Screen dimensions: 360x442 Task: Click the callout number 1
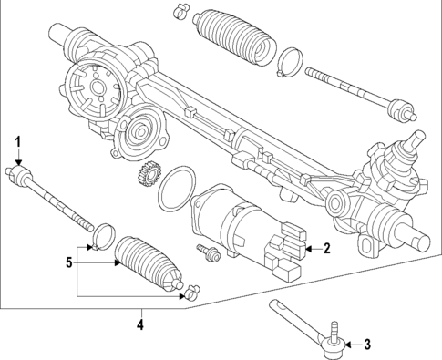tap(15, 141)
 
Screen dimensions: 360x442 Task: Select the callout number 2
tap(326, 247)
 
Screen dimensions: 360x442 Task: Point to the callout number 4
tap(139, 323)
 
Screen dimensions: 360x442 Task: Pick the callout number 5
tap(66, 263)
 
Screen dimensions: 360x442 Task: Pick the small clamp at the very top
tap(180, 12)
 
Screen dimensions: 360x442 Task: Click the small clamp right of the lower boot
tap(192, 293)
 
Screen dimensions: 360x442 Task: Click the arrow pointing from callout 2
tap(309, 247)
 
